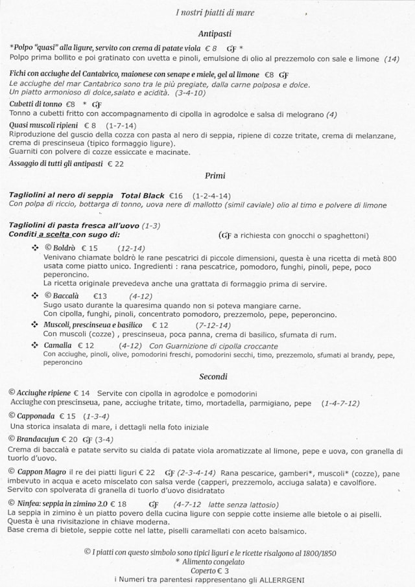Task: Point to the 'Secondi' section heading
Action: click(213, 376)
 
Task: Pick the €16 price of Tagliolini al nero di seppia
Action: click(176, 195)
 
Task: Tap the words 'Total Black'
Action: click(143, 195)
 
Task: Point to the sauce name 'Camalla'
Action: click(58, 345)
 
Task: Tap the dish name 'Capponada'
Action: click(36, 415)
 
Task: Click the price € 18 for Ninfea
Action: click(117, 503)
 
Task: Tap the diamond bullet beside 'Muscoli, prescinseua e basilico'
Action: click(35, 325)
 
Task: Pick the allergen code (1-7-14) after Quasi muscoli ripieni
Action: click(121, 125)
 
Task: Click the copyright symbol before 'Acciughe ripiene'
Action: click(12, 393)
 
